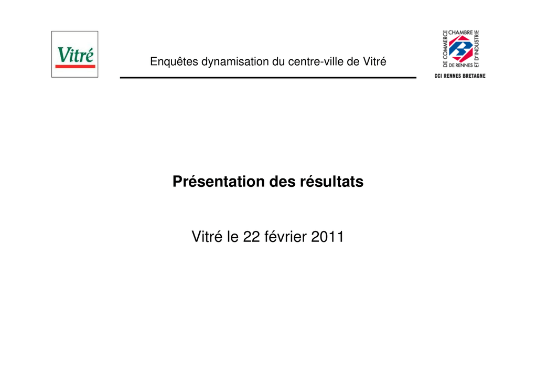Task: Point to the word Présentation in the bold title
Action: [x=219, y=182]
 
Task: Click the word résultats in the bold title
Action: [x=331, y=182]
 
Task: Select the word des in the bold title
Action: [x=283, y=182]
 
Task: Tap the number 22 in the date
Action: [x=251, y=237]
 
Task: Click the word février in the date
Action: [x=286, y=237]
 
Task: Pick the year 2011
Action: [x=327, y=237]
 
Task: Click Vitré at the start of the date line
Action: [x=207, y=237]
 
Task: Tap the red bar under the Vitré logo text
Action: [x=76, y=66]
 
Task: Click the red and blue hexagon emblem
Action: [x=460, y=49]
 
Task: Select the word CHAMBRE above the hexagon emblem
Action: [x=460, y=33]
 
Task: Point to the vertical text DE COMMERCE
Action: [x=445, y=49]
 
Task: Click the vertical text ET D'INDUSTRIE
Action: [x=476, y=49]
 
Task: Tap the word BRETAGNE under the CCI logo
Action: [x=473, y=76]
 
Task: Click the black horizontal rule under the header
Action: [x=268, y=78]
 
